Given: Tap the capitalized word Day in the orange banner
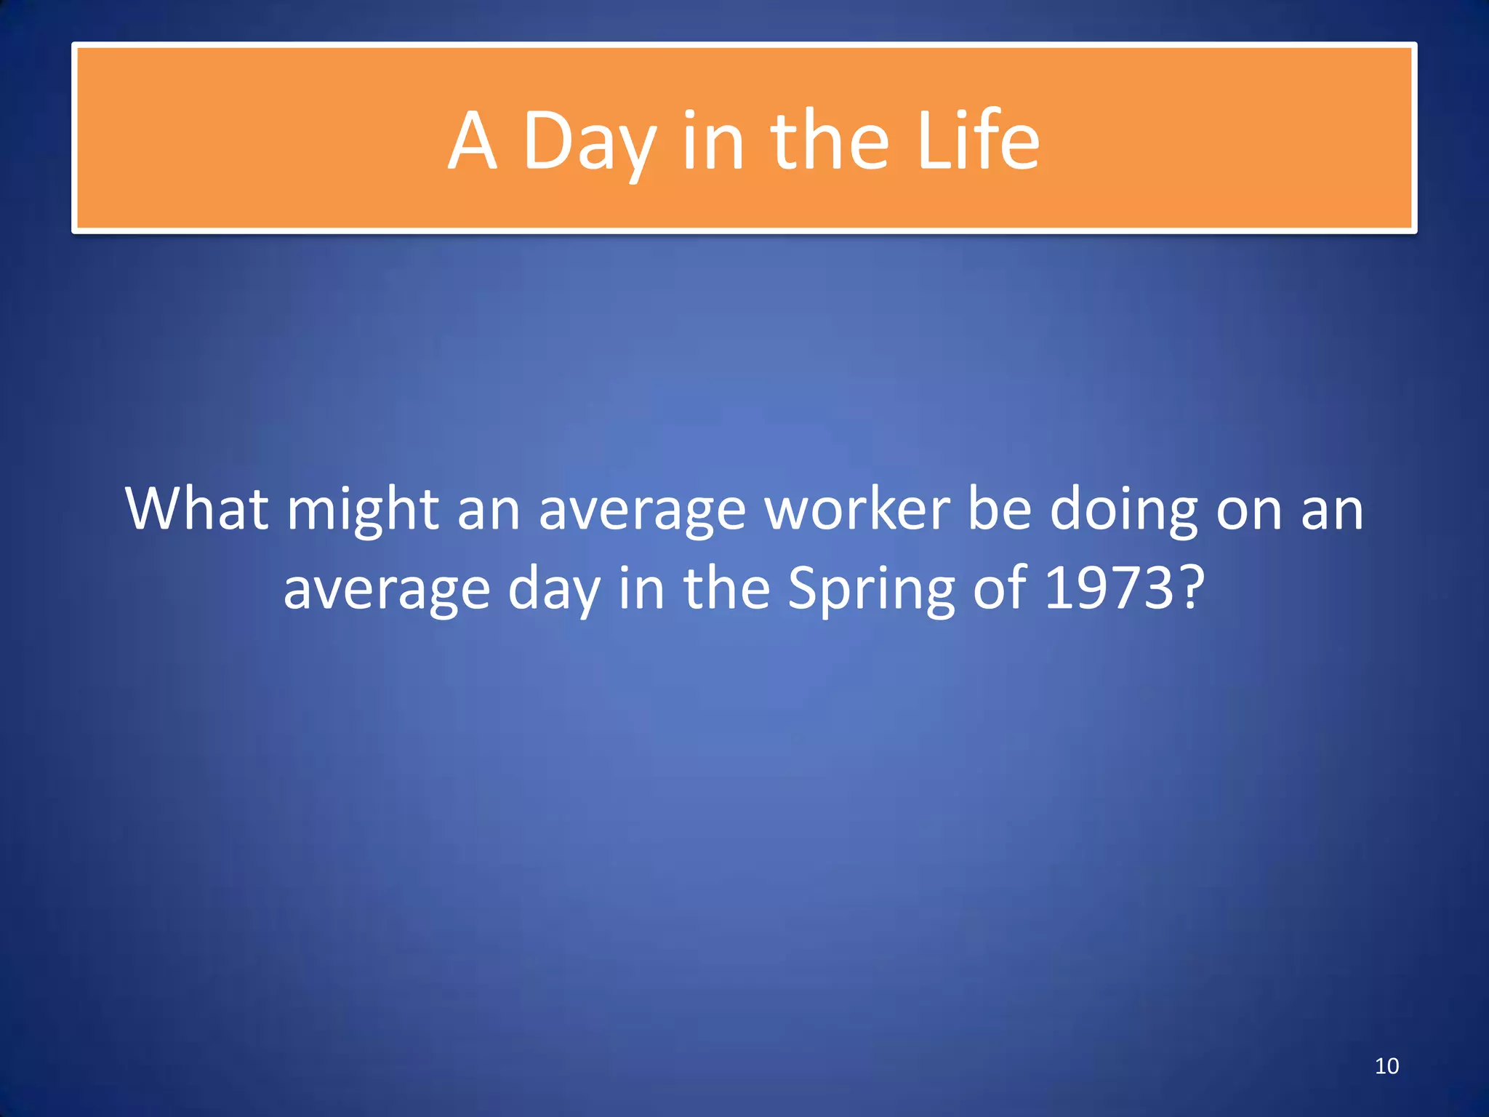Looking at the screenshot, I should point(590,142).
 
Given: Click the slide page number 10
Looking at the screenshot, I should point(1386,1066).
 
